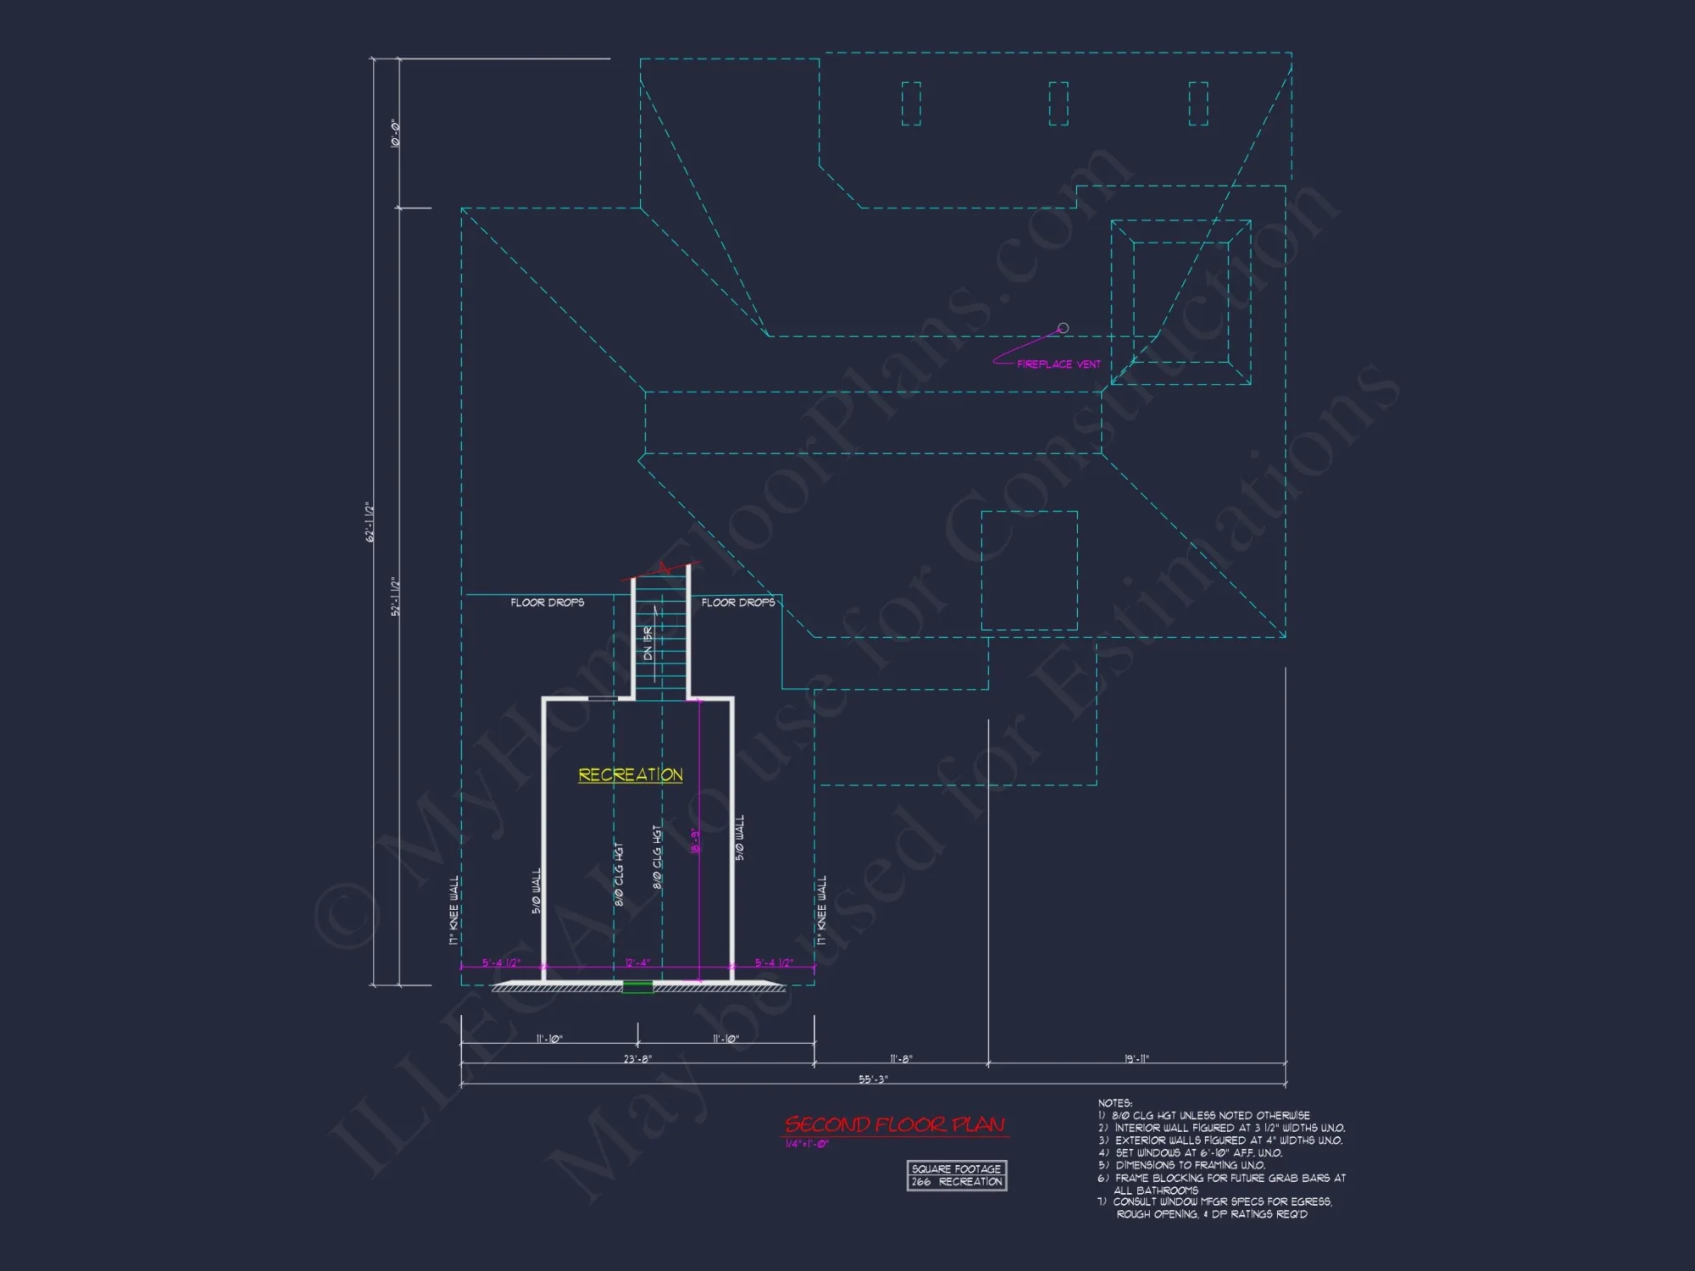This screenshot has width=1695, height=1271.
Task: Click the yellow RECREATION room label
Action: [x=631, y=774]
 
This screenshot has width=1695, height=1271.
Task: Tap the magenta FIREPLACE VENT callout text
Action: [x=1059, y=364]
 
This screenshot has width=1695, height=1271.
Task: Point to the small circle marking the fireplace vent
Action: [x=1063, y=328]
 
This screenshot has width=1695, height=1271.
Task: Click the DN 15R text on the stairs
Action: [x=648, y=643]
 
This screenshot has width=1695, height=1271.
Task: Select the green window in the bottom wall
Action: [x=637, y=986]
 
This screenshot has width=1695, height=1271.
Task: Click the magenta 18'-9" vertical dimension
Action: [x=695, y=841]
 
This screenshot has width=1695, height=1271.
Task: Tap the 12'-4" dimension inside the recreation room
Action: [x=636, y=963]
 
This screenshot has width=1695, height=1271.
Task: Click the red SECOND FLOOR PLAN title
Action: [x=895, y=1124]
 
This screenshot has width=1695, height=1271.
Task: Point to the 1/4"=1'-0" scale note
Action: [x=807, y=1144]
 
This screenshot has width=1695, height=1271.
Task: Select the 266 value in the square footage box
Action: [x=921, y=1181]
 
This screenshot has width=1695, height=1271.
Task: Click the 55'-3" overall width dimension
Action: [x=873, y=1079]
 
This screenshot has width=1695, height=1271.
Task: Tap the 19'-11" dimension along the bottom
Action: [x=1136, y=1058]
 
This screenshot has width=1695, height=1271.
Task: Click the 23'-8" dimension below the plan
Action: [x=637, y=1058]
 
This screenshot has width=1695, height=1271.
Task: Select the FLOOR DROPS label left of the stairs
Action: [x=547, y=602]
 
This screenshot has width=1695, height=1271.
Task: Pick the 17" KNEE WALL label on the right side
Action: [x=820, y=910]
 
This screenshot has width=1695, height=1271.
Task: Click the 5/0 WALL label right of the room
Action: [x=740, y=838]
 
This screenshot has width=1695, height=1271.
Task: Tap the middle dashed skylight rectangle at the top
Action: [x=1059, y=103]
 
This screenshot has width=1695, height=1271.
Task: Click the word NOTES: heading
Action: [x=1114, y=1103]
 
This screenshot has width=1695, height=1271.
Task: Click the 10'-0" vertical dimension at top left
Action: [x=395, y=133]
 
